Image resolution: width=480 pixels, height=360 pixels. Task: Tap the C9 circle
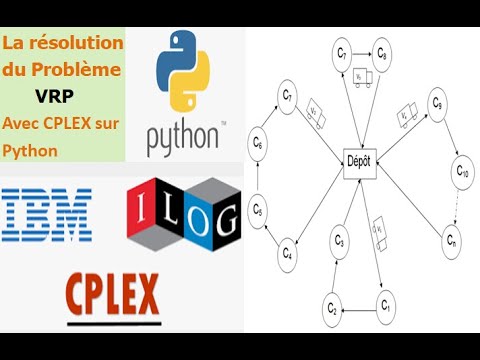pos(437,103)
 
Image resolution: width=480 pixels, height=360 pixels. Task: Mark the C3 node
pos(339,241)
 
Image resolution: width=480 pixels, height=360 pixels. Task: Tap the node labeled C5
pos(258,210)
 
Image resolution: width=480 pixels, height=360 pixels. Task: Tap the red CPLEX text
pos(112,295)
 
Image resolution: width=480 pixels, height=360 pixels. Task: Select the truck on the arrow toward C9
pos(407,116)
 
